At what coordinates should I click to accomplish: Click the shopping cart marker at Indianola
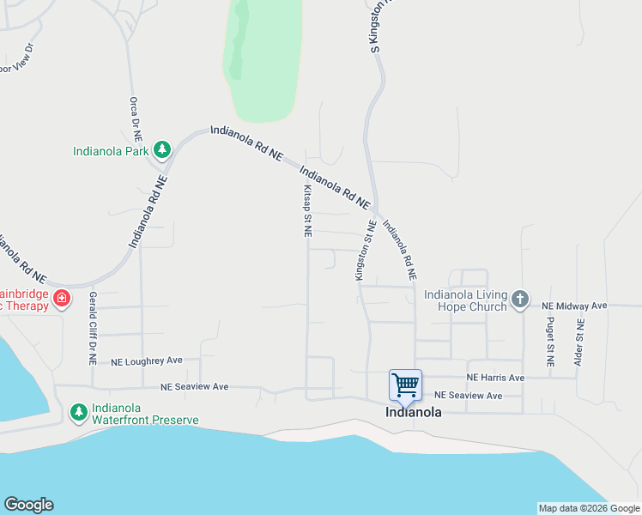404,385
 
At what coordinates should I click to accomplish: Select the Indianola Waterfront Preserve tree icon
79,413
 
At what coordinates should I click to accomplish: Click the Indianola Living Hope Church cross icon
518,300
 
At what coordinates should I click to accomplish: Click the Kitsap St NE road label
306,210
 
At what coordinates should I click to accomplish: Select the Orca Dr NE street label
134,118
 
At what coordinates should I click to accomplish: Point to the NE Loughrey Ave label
147,361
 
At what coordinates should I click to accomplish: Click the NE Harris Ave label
495,378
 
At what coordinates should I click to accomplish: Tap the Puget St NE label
549,340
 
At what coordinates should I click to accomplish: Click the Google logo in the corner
28,505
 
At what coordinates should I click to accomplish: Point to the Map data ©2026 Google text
589,508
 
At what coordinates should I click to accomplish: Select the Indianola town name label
414,412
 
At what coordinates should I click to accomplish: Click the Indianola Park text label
110,152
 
